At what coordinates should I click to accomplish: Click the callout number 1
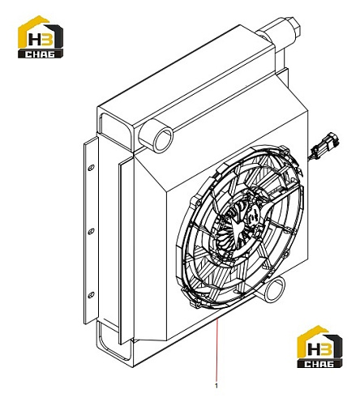216,386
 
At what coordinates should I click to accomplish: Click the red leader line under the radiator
216,350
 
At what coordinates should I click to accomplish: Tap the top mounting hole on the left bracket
91,168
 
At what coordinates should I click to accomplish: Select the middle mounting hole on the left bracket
91,231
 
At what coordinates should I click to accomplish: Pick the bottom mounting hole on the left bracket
91,295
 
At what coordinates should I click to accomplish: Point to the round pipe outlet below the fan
275,291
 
